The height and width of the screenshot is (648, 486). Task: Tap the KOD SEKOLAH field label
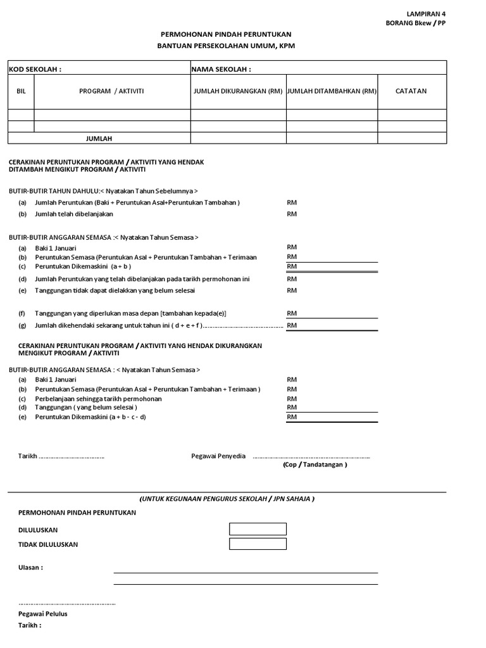coord(35,68)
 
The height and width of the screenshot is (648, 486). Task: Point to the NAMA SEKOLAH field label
coord(221,68)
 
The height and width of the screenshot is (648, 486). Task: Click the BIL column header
coord(21,91)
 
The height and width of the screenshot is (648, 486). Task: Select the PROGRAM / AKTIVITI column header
coord(111,91)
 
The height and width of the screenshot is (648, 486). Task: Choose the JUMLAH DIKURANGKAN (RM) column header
coord(238,91)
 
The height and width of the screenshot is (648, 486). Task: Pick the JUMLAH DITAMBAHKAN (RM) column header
coord(332,91)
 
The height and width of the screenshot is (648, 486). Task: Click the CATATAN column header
coord(411,91)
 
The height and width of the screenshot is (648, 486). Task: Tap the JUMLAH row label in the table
coord(99,138)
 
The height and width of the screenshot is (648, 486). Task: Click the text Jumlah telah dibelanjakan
coord(74,214)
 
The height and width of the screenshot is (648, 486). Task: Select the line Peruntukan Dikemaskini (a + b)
coord(83,267)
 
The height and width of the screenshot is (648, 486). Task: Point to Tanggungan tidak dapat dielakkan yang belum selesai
coord(115,290)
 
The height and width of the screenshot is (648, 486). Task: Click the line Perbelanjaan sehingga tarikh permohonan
coord(98,399)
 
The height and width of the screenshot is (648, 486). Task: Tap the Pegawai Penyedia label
coord(218,456)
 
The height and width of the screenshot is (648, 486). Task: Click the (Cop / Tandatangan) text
coord(315,464)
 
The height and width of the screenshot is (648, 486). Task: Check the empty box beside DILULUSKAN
coord(258,529)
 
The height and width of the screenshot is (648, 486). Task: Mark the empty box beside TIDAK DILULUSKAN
coord(258,544)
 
